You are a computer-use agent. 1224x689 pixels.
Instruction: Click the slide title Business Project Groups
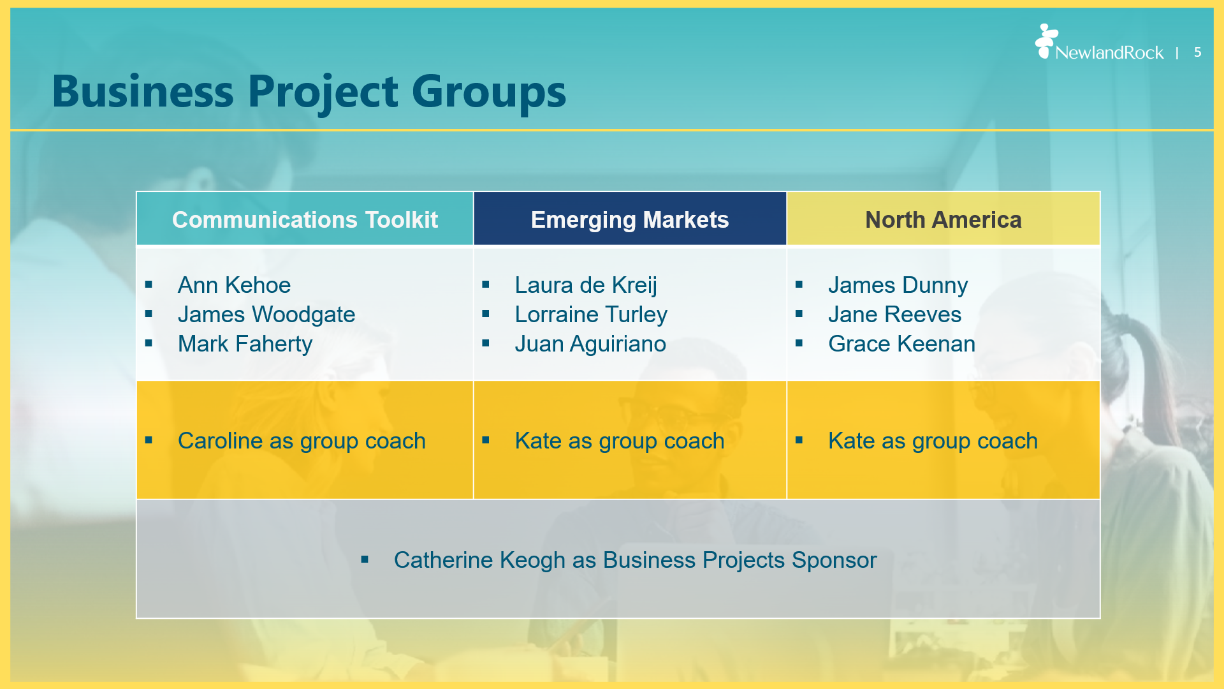pos(309,92)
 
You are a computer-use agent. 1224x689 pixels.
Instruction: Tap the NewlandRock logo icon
pos(1045,41)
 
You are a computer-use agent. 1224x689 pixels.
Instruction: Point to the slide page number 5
pos(1198,52)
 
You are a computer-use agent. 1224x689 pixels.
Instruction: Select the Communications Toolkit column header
pos(305,219)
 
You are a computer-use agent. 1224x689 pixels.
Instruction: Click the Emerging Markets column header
pos(630,219)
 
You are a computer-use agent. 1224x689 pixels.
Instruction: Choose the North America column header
pos(943,219)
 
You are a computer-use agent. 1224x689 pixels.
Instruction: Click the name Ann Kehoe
pos(234,285)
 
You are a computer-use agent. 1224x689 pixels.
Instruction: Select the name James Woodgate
pos(266,315)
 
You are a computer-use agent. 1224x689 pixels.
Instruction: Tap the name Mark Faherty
pos(245,344)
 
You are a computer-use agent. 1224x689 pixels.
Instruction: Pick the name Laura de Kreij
pos(586,285)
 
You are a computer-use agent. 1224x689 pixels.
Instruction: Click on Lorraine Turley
pos(591,315)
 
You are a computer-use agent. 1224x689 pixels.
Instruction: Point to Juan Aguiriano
pos(590,344)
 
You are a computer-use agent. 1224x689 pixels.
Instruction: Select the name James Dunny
pos(898,285)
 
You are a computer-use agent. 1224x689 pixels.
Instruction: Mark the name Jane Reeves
pos(894,315)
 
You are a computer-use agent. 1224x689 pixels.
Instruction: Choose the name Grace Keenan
pos(901,344)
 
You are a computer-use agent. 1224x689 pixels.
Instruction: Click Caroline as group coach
pos(302,441)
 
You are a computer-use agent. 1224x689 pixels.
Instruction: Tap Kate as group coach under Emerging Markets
pos(620,441)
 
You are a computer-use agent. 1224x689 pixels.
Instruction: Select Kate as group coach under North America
pos(933,441)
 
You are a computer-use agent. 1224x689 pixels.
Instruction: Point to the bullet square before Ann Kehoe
pos(149,285)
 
